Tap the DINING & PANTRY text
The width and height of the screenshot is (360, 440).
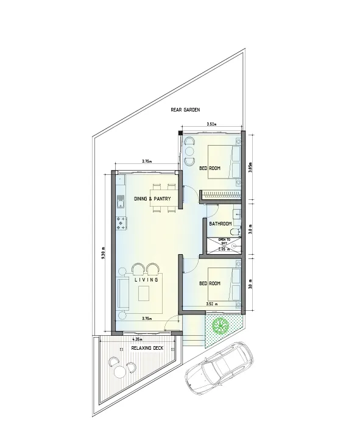coord(152,199)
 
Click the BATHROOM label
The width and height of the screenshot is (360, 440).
coord(221,224)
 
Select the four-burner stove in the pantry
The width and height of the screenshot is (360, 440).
coord(121,223)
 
